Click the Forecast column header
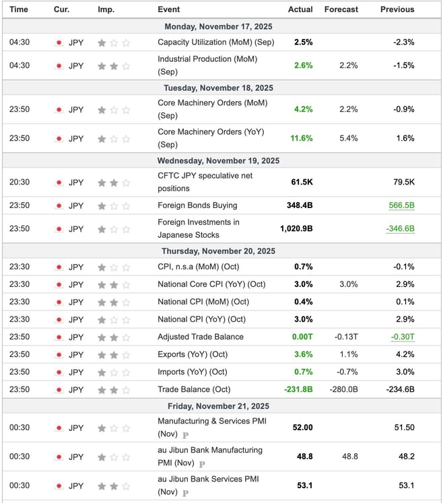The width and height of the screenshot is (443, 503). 341,9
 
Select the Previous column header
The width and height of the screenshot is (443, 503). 397,9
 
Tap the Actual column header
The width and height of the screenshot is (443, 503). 300,9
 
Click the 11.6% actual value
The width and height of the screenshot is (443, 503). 301,138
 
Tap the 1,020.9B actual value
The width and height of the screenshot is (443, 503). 296,228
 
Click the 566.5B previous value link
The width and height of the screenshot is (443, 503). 401,205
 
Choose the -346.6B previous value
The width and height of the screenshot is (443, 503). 400,228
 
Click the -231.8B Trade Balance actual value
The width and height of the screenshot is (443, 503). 298,389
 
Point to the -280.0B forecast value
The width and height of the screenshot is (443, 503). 343,389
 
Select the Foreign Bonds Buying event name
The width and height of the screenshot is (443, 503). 197,205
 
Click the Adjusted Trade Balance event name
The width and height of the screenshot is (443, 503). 201,337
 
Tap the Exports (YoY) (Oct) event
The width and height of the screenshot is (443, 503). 193,354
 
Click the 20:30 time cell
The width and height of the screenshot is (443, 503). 19,182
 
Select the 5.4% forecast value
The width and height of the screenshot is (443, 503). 349,138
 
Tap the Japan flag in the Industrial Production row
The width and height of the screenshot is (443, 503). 59,66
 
